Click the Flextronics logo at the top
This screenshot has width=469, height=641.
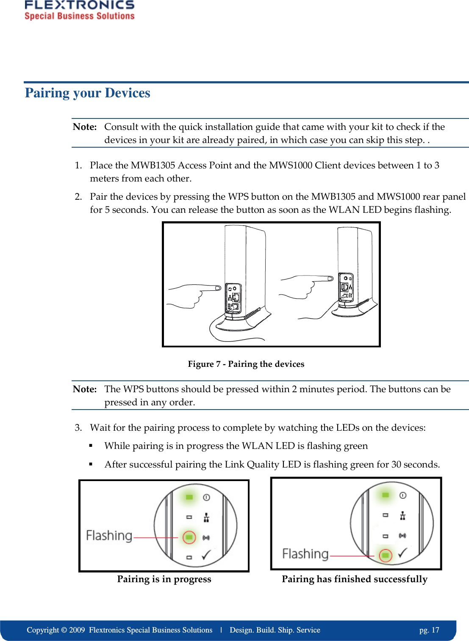[x=79, y=10]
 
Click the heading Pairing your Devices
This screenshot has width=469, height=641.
[x=88, y=93]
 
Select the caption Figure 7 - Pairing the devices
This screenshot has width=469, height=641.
[x=246, y=364]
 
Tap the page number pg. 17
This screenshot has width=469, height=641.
[x=429, y=630]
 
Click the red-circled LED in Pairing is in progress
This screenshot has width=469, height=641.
[x=189, y=537]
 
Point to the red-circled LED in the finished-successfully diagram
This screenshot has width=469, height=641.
[x=385, y=555]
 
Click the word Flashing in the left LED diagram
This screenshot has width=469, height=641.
[x=109, y=536]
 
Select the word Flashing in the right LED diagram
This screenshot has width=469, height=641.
[x=305, y=554]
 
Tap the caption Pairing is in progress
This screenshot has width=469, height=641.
[x=164, y=579]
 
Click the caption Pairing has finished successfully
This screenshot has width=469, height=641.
[x=355, y=579]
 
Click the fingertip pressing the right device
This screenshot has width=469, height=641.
[x=330, y=278]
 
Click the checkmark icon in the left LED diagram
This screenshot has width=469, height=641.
[x=206, y=555]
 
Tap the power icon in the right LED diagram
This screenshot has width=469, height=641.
[x=403, y=495]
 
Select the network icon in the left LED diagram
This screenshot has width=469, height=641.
[x=206, y=517]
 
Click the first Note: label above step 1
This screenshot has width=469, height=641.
[x=85, y=127]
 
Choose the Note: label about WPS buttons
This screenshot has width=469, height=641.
[x=85, y=389]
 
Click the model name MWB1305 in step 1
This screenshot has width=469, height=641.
[x=153, y=165]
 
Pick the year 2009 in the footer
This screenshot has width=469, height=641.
[x=77, y=630]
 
